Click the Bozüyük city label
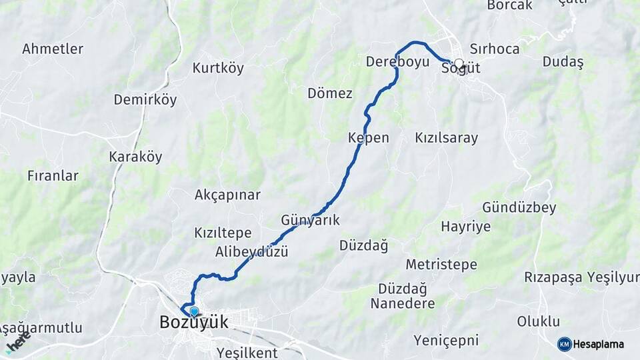193,323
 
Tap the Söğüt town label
461,69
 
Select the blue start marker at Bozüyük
194,311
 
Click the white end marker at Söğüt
459,63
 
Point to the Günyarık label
311,219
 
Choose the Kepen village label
368,138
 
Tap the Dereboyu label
397,62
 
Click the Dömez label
329,93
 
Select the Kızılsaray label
446,138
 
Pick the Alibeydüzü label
251,252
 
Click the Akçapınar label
227,195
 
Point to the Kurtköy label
218,68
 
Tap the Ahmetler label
53,49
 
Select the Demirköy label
145,100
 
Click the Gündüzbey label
519,207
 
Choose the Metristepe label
441,265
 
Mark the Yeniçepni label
446,341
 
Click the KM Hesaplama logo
591,344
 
